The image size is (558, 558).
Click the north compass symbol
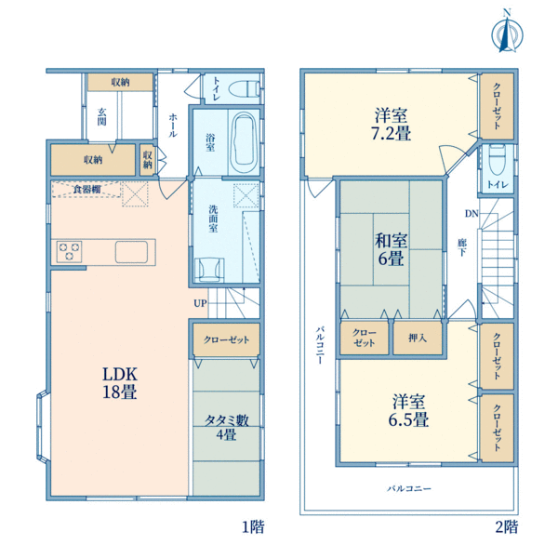[x=507, y=33]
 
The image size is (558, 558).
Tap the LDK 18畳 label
[x=120, y=383]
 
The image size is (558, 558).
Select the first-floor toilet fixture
[x=245, y=88]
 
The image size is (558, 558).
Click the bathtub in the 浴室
[x=244, y=142]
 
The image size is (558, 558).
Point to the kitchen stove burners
[x=70, y=251]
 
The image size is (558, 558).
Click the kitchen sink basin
[x=131, y=252]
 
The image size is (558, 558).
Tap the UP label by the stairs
[x=200, y=303]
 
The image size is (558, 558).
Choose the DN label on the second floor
[x=472, y=214]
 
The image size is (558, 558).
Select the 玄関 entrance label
[x=101, y=116]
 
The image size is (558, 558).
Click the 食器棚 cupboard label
[x=87, y=190]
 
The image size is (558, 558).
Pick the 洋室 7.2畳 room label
[x=392, y=125]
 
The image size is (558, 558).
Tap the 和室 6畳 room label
[x=391, y=249]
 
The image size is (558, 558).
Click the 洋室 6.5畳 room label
[x=408, y=410]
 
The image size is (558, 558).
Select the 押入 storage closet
[x=418, y=339]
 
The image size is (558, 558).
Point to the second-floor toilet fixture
[x=498, y=159]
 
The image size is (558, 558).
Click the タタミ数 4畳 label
[x=226, y=427]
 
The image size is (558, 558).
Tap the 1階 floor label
[x=253, y=526]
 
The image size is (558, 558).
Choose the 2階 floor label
[x=507, y=526]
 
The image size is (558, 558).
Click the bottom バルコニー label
[x=409, y=488]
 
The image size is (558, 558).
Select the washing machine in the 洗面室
[x=209, y=270]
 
